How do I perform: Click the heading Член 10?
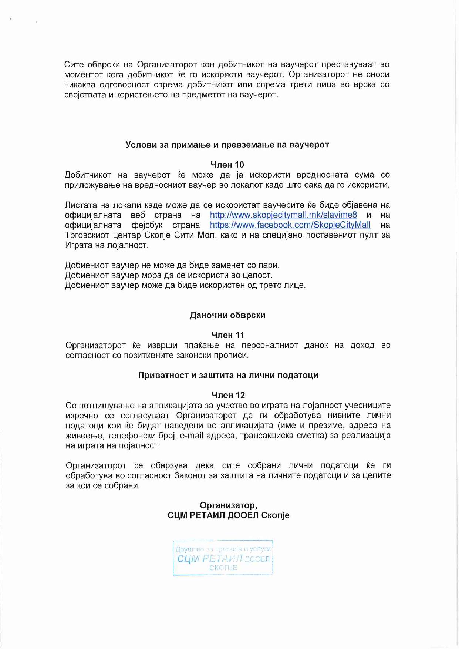tap(227, 165)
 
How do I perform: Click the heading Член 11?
tap(227, 335)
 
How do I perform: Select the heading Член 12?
tap(228, 395)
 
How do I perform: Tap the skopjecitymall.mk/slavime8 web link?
tap(283, 215)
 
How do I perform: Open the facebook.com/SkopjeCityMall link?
tap(290, 225)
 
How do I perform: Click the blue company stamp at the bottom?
tap(223, 558)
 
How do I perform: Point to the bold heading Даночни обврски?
tap(227, 315)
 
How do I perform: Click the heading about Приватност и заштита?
tap(228, 375)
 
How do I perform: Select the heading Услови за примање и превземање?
tap(227, 145)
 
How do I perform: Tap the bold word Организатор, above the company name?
tap(228, 505)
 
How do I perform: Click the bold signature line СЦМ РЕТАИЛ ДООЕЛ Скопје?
tap(228, 515)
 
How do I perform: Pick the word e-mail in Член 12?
tap(192, 436)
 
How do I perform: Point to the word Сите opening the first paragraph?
tap(74, 64)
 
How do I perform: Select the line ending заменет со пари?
tap(172, 265)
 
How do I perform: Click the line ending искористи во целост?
tap(169, 275)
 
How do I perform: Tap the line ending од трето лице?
tap(185, 285)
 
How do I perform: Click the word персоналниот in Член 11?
tap(270, 346)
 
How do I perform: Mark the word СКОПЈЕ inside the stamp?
tap(223, 568)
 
